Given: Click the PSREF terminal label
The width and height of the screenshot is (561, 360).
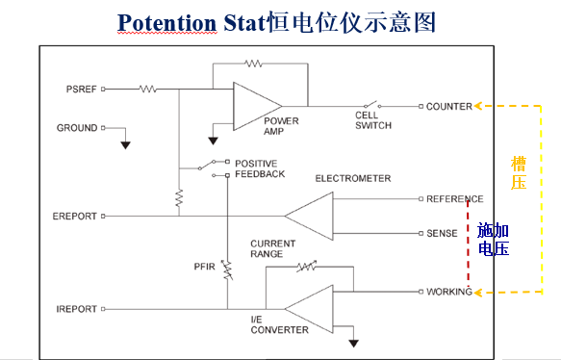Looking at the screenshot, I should coord(79,89).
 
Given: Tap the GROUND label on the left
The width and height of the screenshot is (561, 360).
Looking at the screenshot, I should coord(77,128).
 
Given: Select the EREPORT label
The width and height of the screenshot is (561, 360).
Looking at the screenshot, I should coord(74,217).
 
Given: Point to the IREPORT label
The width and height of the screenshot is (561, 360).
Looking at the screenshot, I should coord(76,309).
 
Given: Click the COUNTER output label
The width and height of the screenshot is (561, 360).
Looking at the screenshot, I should coord(449,106).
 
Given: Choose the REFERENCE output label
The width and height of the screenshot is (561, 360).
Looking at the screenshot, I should coord(454,199).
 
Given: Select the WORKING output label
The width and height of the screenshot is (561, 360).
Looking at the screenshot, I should coord(448,292).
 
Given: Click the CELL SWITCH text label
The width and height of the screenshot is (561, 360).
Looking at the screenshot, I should coord(372,120).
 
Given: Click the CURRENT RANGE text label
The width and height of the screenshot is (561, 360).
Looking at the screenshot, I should coord(267,248).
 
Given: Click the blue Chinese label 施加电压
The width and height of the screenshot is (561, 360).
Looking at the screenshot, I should coord(493,239).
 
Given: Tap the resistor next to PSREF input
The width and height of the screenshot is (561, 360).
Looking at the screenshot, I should coord(147,89).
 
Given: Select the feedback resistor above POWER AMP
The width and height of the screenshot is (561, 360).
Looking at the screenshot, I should coord(252,64).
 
